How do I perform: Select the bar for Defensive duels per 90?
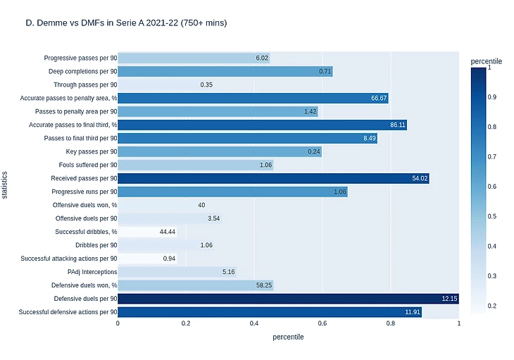[288, 299]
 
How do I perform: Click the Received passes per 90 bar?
[273, 178]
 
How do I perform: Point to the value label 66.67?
[379, 98]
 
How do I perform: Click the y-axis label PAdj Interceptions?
[92, 271]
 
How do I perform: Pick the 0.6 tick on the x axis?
[322, 323]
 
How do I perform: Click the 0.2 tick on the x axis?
[186, 323]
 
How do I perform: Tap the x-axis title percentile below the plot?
[288, 337]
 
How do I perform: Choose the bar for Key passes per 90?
[220, 151]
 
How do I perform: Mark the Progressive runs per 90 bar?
[232, 192]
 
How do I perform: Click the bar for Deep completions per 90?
[225, 71]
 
